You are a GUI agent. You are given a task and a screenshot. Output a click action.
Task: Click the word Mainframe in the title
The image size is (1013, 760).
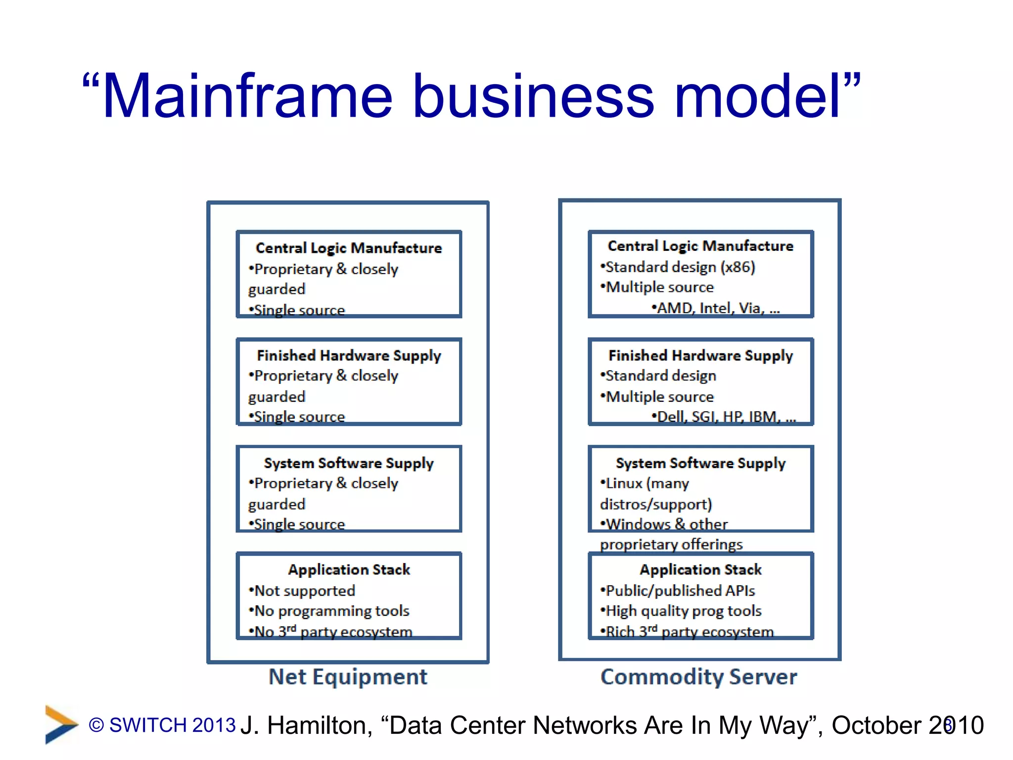pyautogui.click(x=247, y=96)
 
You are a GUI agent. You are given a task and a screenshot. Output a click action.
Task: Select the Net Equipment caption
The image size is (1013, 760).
pyautogui.click(x=348, y=677)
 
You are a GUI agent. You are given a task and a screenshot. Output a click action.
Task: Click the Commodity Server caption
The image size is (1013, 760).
pyautogui.click(x=698, y=677)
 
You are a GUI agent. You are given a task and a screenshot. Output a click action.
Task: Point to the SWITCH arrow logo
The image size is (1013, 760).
pyautogui.click(x=60, y=724)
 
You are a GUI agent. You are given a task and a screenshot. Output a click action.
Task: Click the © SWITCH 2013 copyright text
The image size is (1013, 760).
pyautogui.click(x=162, y=725)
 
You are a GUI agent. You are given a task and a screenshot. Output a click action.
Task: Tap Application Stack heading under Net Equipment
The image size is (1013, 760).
pyautogui.click(x=349, y=570)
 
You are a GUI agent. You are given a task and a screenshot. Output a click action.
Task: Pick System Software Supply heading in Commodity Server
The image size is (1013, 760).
pyautogui.click(x=700, y=463)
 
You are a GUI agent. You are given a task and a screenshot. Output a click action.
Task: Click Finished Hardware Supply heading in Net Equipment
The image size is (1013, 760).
pyautogui.click(x=349, y=355)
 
